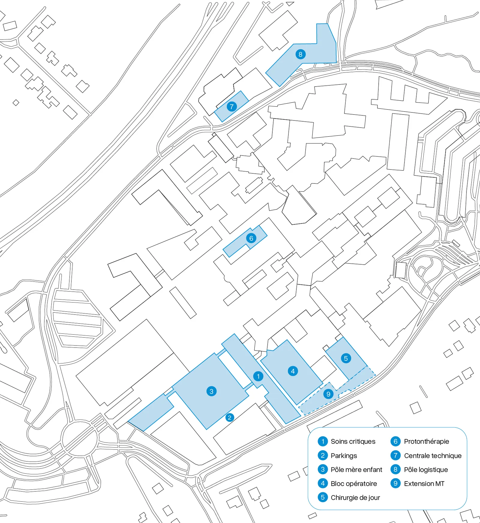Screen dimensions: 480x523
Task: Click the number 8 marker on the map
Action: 300,54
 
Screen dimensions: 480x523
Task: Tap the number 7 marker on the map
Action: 232,107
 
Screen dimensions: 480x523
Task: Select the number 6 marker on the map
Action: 251,238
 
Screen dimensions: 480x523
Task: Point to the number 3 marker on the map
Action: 211,391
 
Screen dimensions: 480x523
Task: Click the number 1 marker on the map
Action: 258,376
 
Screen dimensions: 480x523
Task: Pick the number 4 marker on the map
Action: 293,371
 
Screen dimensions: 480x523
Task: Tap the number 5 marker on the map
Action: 346,358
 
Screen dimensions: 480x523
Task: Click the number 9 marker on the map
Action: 328,394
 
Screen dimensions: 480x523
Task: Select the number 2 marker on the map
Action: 229,417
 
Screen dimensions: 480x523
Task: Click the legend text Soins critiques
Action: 353,441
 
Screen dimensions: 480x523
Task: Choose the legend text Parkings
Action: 344,456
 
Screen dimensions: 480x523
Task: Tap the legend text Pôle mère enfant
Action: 356,470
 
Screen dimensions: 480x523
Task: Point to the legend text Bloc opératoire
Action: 354,484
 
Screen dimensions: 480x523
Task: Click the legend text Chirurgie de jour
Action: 355,497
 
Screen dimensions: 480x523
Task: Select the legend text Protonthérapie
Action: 426,441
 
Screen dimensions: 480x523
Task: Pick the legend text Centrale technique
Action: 433,456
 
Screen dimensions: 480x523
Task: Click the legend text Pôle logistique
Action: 426,470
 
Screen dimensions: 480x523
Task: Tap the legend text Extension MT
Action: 424,484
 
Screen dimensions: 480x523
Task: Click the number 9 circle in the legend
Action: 395,483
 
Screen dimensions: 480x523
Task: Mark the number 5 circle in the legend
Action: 322,497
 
